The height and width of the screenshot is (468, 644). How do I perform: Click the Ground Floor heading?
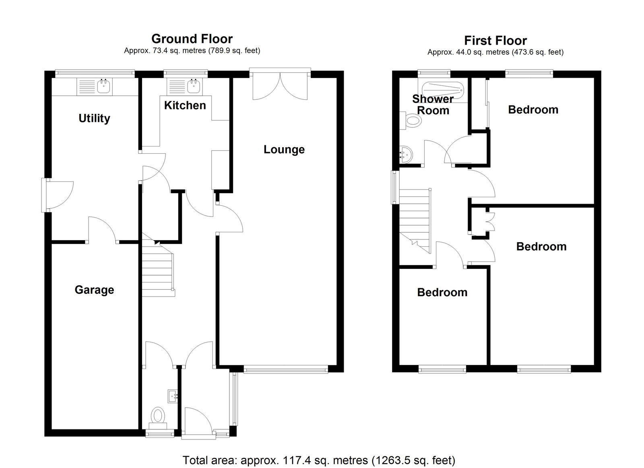click(x=192, y=39)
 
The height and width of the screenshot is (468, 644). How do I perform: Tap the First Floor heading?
click(x=495, y=41)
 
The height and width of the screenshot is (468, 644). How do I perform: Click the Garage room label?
click(x=94, y=290)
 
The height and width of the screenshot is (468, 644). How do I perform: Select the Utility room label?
click(x=94, y=118)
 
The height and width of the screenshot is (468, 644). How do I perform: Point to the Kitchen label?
click(x=185, y=105)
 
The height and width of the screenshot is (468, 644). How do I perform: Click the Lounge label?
click(x=284, y=150)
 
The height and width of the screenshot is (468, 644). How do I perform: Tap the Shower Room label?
click(x=433, y=105)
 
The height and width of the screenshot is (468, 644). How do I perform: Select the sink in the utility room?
click(x=95, y=86)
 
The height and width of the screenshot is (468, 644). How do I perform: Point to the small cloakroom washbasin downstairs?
click(x=173, y=396)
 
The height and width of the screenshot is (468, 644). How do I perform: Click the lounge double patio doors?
click(x=280, y=85)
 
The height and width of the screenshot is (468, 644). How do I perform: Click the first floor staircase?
click(x=415, y=221)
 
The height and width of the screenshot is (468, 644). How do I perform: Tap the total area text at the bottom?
click(x=319, y=452)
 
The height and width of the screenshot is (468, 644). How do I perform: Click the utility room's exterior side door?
click(x=58, y=195)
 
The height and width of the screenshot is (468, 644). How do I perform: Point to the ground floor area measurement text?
click(x=192, y=51)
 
